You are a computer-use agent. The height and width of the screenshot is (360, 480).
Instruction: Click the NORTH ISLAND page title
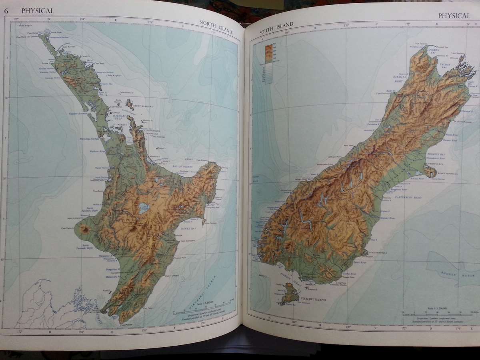pyautogui.click(x=216, y=27)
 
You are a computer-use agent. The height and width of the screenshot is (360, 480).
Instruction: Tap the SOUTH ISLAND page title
pyautogui.click(x=276, y=28)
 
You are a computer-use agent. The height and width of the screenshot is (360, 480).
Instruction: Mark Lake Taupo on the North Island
pyautogui.click(x=143, y=208)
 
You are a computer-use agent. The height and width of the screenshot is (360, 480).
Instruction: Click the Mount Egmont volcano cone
pyautogui.click(x=85, y=230)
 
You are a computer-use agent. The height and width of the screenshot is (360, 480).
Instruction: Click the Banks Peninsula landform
pyautogui.click(x=430, y=172)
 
